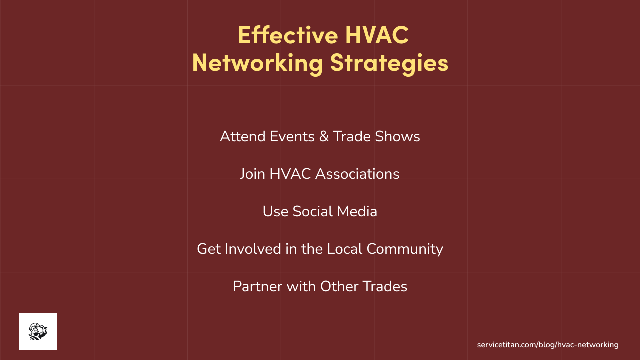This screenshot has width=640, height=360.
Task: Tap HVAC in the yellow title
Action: (x=377, y=35)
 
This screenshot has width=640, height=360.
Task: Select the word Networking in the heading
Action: (x=257, y=63)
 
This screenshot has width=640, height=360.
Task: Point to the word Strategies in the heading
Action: (x=389, y=63)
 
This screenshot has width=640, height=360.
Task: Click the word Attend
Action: (x=243, y=136)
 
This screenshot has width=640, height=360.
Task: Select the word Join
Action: (x=252, y=174)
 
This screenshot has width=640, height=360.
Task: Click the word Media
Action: (x=357, y=211)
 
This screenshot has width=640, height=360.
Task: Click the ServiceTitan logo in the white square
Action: (x=38, y=331)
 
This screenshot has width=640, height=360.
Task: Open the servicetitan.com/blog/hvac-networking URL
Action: (x=548, y=345)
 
